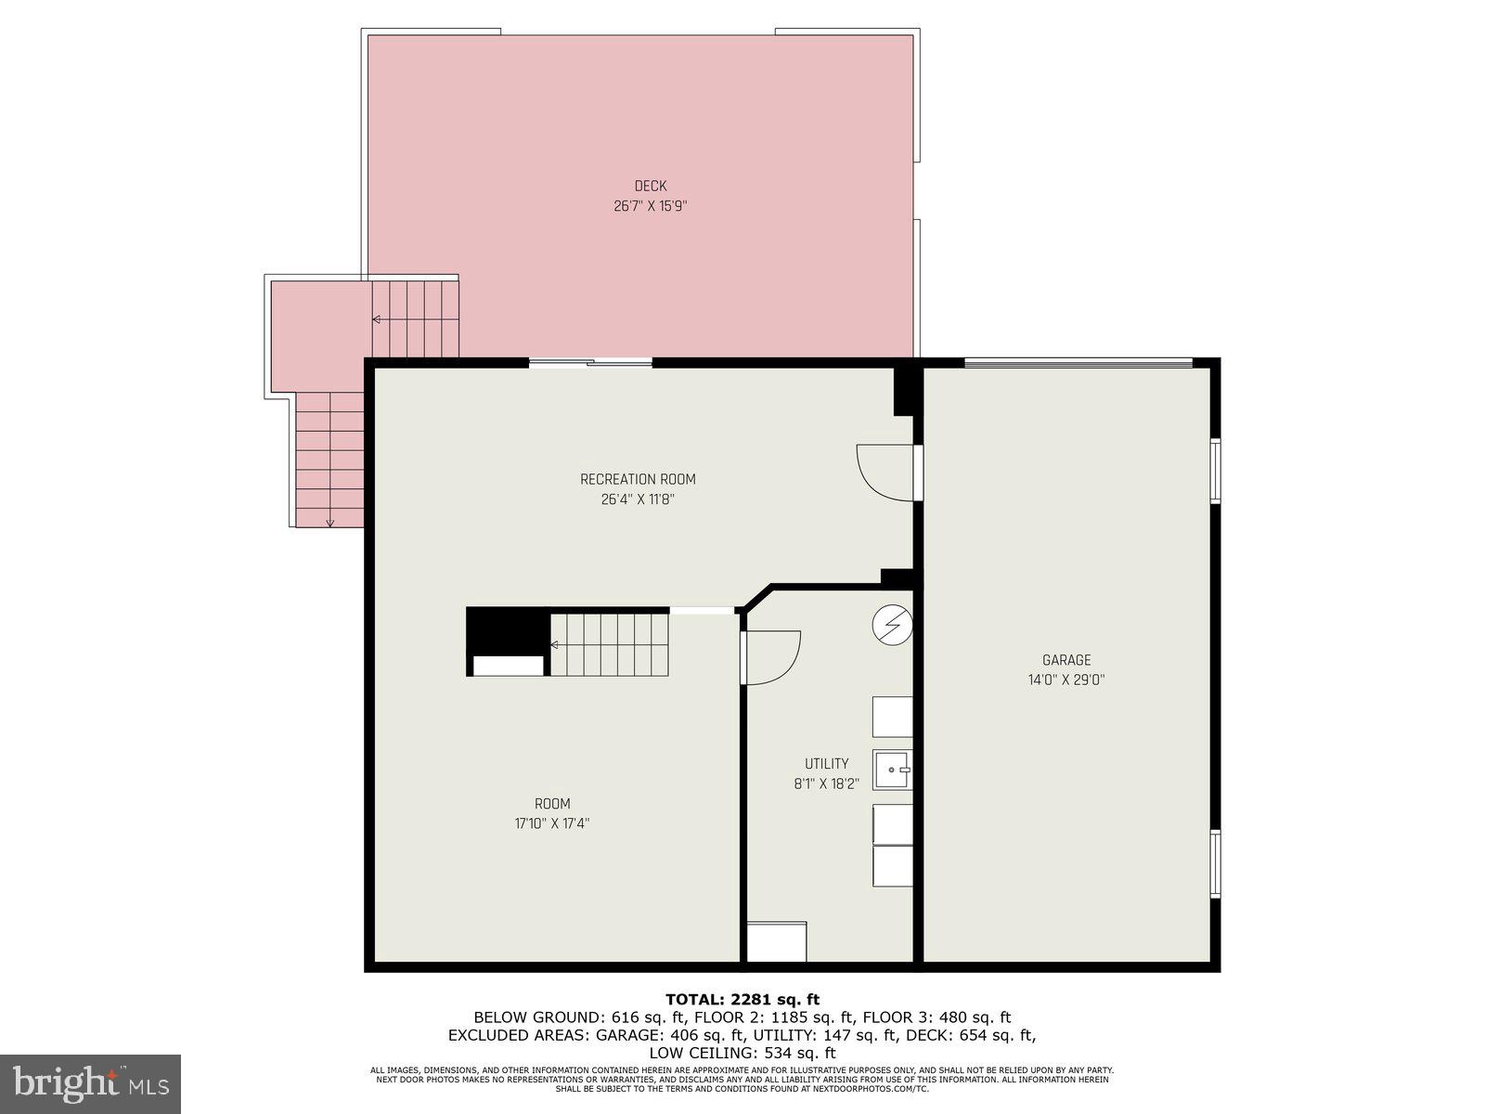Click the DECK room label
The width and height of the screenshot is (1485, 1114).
(x=650, y=187)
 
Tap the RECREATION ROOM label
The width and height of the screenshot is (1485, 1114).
(x=638, y=480)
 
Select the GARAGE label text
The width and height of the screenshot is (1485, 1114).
(x=1066, y=660)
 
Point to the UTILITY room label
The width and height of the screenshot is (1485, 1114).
(x=826, y=764)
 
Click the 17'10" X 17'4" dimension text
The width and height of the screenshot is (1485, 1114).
(x=552, y=823)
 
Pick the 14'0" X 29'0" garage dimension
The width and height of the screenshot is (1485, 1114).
(x=1066, y=680)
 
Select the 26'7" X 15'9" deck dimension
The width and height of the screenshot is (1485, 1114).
(x=650, y=206)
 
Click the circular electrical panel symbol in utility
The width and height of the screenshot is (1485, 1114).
(x=892, y=626)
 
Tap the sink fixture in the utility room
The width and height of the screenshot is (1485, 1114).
(x=893, y=770)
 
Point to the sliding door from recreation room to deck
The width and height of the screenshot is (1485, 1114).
(x=591, y=363)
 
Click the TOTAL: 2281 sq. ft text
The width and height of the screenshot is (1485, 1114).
(x=742, y=1000)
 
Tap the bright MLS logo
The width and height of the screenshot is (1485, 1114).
(x=91, y=1082)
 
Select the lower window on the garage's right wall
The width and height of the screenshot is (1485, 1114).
(x=1215, y=863)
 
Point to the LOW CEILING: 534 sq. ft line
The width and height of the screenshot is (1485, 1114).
(x=742, y=1053)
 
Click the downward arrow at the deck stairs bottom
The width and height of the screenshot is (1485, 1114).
(x=329, y=521)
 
